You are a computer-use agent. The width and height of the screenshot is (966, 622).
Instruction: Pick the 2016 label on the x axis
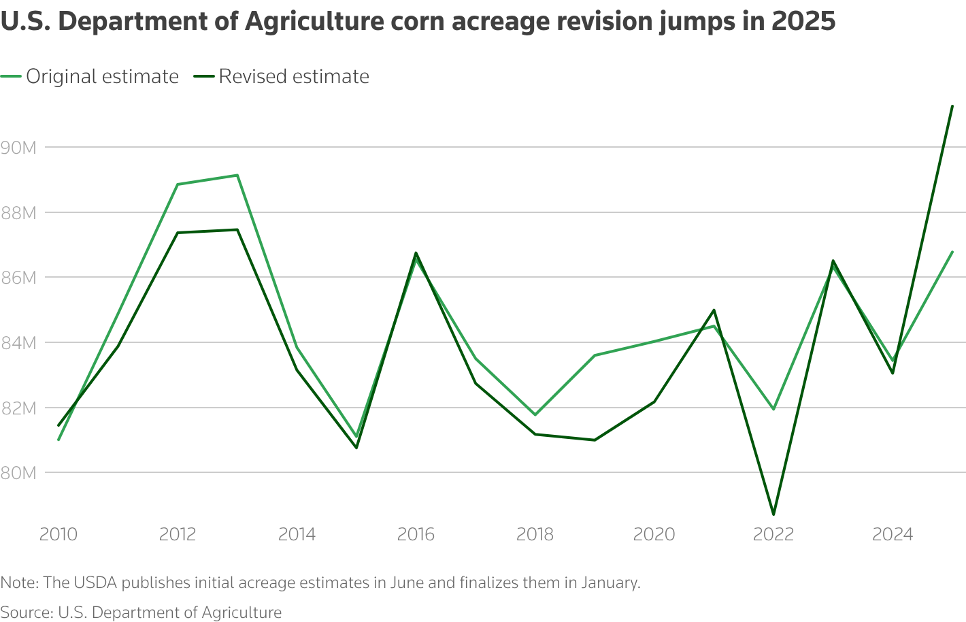pos(416,534)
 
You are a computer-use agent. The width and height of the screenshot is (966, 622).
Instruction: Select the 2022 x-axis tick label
pos(773,534)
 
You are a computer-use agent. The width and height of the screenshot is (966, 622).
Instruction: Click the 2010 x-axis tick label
pos(59,534)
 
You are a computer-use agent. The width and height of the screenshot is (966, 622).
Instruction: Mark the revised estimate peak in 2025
pos(952,106)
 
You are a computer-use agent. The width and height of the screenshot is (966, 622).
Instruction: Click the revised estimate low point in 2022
pos(773,514)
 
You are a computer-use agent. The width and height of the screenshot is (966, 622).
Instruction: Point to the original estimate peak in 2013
pos(237,175)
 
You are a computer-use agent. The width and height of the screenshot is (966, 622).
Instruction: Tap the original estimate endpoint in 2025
pos(952,252)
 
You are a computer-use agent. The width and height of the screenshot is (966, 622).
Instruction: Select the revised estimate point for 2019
pos(595,440)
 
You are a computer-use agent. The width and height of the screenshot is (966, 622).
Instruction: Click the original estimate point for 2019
pos(595,355)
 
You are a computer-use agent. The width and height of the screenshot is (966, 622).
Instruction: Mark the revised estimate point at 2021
pos(714,310)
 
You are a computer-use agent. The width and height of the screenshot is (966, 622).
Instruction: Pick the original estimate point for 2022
pos(773,409)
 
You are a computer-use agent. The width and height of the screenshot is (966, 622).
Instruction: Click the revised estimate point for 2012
pos(178,233)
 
